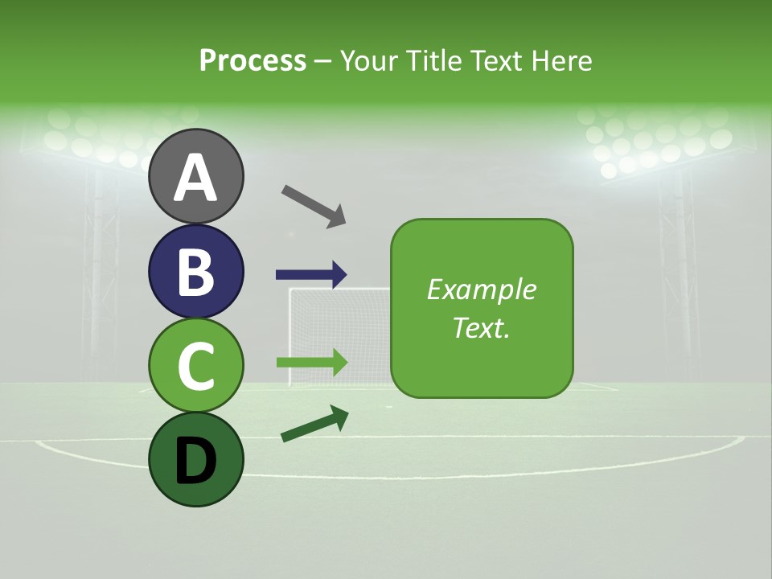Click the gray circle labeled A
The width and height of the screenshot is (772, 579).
[196, 176]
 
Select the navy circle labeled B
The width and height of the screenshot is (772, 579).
[196, 271]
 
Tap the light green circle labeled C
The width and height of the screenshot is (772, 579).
[196, 365]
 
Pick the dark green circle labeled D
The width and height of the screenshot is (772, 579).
[196, 459]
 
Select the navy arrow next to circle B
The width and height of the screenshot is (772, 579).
[311, 274]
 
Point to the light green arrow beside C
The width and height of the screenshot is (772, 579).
[311, 362]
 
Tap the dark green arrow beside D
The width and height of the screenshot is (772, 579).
[314, 424]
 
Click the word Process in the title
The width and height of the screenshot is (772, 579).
[253, 60]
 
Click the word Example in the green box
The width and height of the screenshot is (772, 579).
[482, 289]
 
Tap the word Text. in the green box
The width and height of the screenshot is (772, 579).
[482, 327]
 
